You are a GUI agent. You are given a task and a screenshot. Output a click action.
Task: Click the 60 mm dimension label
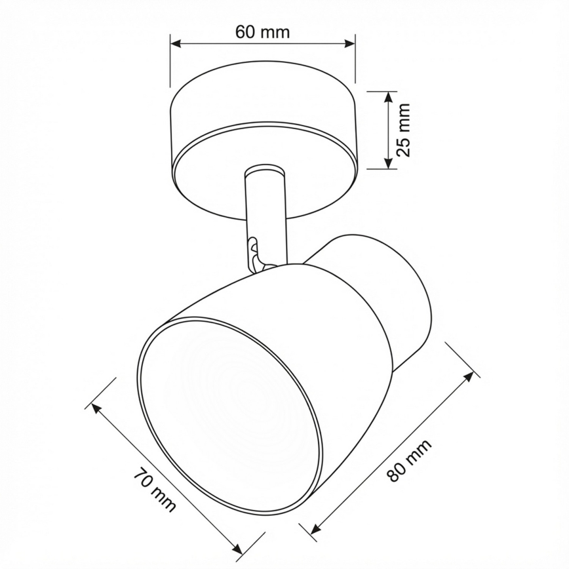262,31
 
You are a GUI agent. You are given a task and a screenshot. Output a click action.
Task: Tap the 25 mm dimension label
404,129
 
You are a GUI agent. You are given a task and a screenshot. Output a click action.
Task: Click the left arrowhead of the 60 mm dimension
175,44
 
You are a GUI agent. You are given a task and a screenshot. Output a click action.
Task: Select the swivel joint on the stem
254,252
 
